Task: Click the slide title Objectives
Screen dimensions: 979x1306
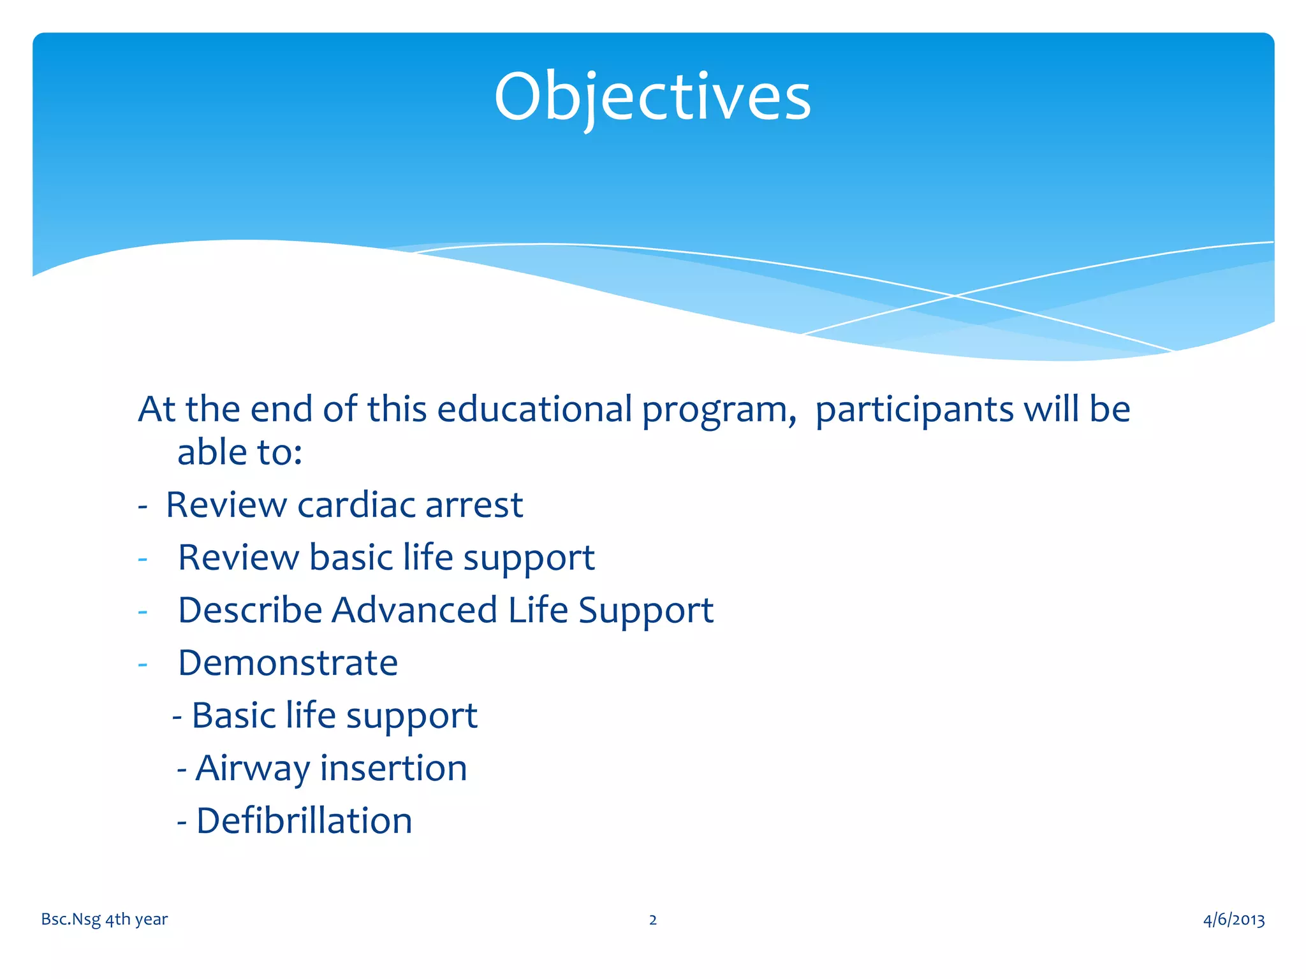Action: click(x=652, y=97)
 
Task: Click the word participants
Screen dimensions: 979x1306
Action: click(x=914, y=409)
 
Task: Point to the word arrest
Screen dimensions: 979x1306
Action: click(x=474, y=505)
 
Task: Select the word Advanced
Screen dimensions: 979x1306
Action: click(x=414, y=610)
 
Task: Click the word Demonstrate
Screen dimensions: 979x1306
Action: click(x=288, y=663)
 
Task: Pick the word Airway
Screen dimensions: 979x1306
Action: click(x=253, y=769)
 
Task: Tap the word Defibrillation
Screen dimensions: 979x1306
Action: click(x=304, y=821)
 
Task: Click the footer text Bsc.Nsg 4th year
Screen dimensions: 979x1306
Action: click(x=104, y=919)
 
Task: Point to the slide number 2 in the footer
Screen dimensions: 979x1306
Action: click(x=652, y=920)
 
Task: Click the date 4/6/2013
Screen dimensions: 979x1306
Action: click(x=1233, y=919)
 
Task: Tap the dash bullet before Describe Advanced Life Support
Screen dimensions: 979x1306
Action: click(x=143, y=612)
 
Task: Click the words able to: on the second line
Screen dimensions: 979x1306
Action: click(x=239, y=453)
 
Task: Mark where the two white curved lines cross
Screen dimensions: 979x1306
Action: click(x=955, y=296)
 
